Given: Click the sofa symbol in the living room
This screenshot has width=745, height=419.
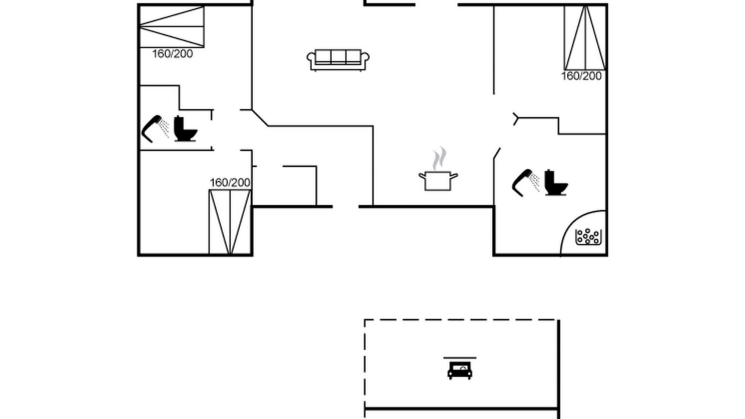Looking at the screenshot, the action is (338, 60).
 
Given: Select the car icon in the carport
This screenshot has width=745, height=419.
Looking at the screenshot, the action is (460, 371).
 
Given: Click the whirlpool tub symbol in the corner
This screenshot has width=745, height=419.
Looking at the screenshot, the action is (588, 237).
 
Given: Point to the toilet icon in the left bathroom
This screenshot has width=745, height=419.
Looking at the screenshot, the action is (186, 129).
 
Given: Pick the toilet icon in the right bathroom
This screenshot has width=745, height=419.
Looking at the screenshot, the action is (556, 183).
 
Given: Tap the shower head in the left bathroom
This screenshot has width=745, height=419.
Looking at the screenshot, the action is (155, 129).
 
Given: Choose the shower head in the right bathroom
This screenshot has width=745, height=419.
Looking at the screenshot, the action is (526, 183).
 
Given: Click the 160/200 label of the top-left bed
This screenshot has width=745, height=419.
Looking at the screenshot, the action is (172, 54).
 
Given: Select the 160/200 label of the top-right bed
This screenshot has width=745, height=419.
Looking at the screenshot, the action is (581, 76).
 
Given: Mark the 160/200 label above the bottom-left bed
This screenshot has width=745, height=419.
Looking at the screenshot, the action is (230, 183).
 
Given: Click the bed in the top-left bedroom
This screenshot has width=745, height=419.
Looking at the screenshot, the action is (172, 27).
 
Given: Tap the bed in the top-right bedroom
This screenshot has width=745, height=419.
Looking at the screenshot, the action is (585, 38).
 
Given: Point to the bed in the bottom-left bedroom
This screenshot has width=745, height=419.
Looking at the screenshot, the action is (230, 222).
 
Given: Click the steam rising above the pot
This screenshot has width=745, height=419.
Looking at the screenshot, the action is (439, 158).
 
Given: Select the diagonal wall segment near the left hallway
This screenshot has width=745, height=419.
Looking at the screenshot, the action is (260, 118).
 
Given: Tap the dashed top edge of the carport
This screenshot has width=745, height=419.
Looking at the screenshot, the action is (461, 320).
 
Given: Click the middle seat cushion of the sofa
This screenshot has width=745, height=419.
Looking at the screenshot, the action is (338, 56).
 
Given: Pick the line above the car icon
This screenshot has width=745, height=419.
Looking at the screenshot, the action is (460, 358).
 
